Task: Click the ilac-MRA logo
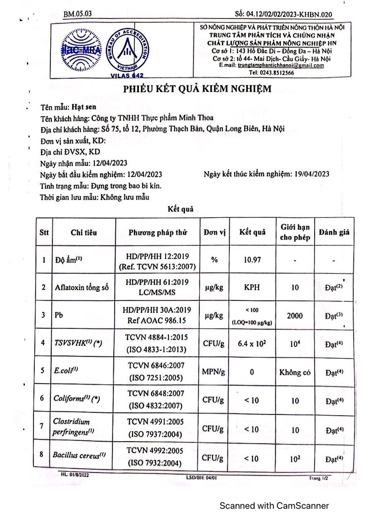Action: pyautogui.click(x=80, y=50)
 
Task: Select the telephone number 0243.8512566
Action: pyautogui.click(x=277, y=73)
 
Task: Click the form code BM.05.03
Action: pyautogui.click(x=77, y=14)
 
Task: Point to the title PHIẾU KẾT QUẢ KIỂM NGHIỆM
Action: pyautogui.click(x=197, y=89)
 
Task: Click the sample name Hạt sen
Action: pyautogui.click(x=84, y=107)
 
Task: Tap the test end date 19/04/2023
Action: pyautogui.click(x=312, y=174)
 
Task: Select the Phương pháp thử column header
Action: pyautogui.click(x=158, y=232)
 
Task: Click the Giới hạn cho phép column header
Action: pyautogui.click(x=295, y=232)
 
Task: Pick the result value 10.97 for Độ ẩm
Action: pyautogui.click(x=252, y=260)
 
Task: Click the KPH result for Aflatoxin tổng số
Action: pyautogui.click(x=252, y=287)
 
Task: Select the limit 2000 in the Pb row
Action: pyautogui.click(x=295, y=316)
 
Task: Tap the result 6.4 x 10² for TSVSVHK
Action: pyautogui.click(x=252, y=344)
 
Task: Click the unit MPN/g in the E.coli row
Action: pyautogui.click(x=213, y=372)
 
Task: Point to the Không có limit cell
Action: pyautogui.click(x=295, y=372)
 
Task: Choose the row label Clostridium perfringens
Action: pyautogui.click(x=73, y=426)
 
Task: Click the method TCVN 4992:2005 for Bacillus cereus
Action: pyautogui.click(x=155, y=451)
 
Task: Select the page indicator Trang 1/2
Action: pyautogui.click(x=318, y=478)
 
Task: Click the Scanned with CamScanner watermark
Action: pyautogui.click(x=274, y=506)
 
